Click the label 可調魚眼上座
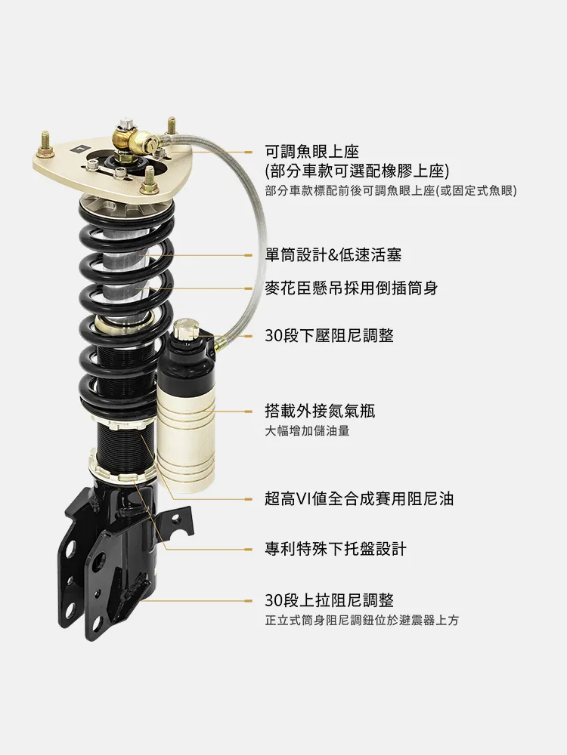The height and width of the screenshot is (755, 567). tap(312, 152)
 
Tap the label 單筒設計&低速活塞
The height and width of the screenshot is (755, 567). tap(333, 254)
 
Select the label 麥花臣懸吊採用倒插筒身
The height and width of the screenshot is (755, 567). tap(352, 288)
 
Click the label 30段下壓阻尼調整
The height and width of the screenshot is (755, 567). tap(330, 335)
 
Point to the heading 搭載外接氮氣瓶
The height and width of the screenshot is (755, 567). tap(320, 411)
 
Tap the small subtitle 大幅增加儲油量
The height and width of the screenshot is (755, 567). tap(307, 430)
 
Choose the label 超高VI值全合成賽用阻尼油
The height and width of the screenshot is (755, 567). tap(359, 498)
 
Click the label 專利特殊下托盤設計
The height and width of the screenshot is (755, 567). tap(336, 548)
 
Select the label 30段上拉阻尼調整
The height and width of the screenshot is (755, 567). tap(330, 600)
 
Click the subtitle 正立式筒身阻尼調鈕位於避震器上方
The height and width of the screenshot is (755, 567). tap(362, 620)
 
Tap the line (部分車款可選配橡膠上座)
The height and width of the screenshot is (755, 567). tap(357, 171)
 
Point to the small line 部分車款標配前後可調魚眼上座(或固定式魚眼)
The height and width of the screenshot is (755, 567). tap(391, 191)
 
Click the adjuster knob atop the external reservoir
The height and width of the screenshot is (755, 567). tap(186, 329)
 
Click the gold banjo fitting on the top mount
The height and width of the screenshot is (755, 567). tap(144, 140)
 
